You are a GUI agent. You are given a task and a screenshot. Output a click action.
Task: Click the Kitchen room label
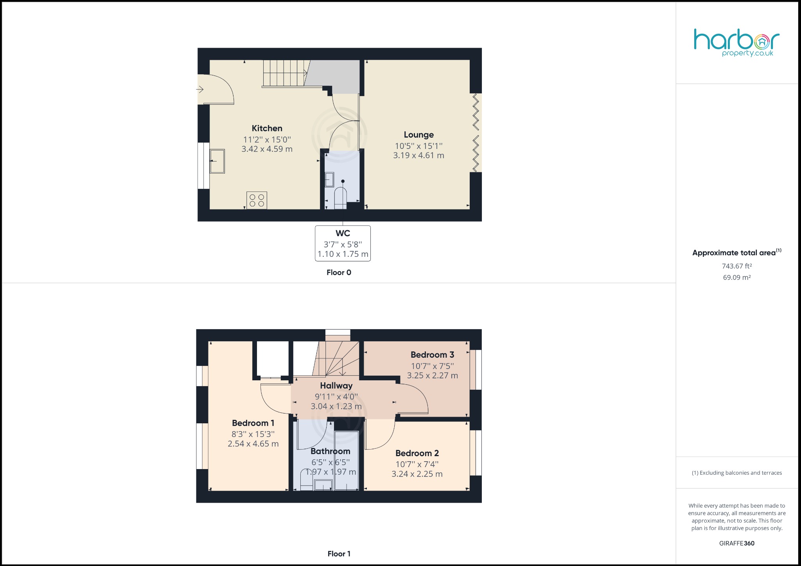267,128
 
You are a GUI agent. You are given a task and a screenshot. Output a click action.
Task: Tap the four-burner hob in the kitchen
257,201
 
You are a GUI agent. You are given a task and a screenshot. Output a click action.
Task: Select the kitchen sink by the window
217,161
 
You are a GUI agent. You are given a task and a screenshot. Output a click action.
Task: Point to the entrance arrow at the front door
200,90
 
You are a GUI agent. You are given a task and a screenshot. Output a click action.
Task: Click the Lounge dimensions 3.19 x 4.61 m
418,155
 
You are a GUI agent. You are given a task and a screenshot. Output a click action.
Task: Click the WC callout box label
343,233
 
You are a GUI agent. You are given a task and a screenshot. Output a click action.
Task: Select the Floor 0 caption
339,272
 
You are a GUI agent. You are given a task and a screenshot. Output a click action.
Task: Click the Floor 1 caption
339,553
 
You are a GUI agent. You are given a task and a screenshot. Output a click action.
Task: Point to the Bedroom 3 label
432,355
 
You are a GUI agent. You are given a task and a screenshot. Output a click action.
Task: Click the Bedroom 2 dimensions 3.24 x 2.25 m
417,474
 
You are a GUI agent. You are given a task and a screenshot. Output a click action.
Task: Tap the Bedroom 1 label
253,423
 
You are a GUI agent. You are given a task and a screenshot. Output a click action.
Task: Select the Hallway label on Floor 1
336,386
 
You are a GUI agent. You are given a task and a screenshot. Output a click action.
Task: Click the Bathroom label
330,451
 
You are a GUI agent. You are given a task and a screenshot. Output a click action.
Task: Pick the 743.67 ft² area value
736,266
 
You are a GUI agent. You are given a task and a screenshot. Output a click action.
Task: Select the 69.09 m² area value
736,278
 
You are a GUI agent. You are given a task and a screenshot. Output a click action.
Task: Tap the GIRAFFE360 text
736,543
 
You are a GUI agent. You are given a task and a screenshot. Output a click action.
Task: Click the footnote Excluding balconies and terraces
736,473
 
